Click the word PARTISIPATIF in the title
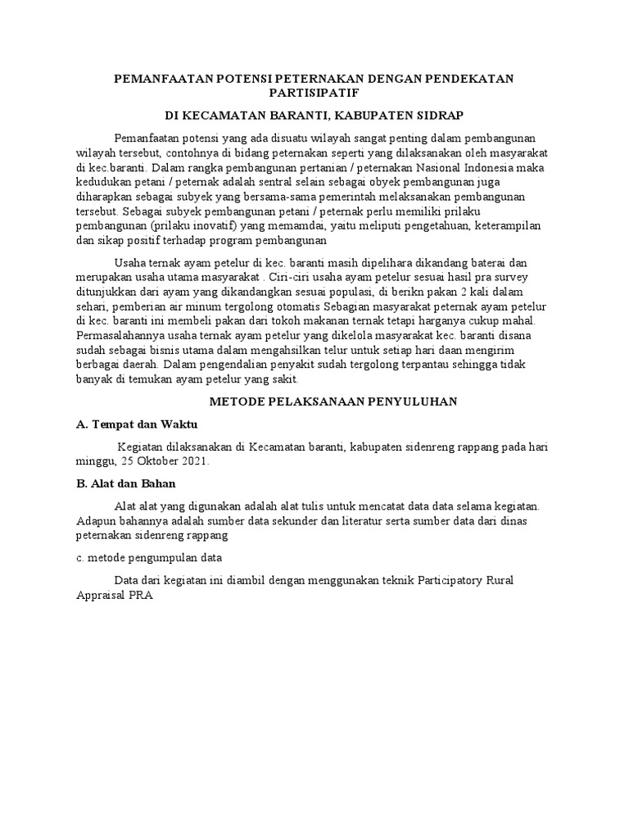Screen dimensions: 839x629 [x=314, y=93]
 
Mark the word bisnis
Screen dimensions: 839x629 [x=174, y=347]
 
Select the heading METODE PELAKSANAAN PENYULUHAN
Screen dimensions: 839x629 [x=333, y=401]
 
